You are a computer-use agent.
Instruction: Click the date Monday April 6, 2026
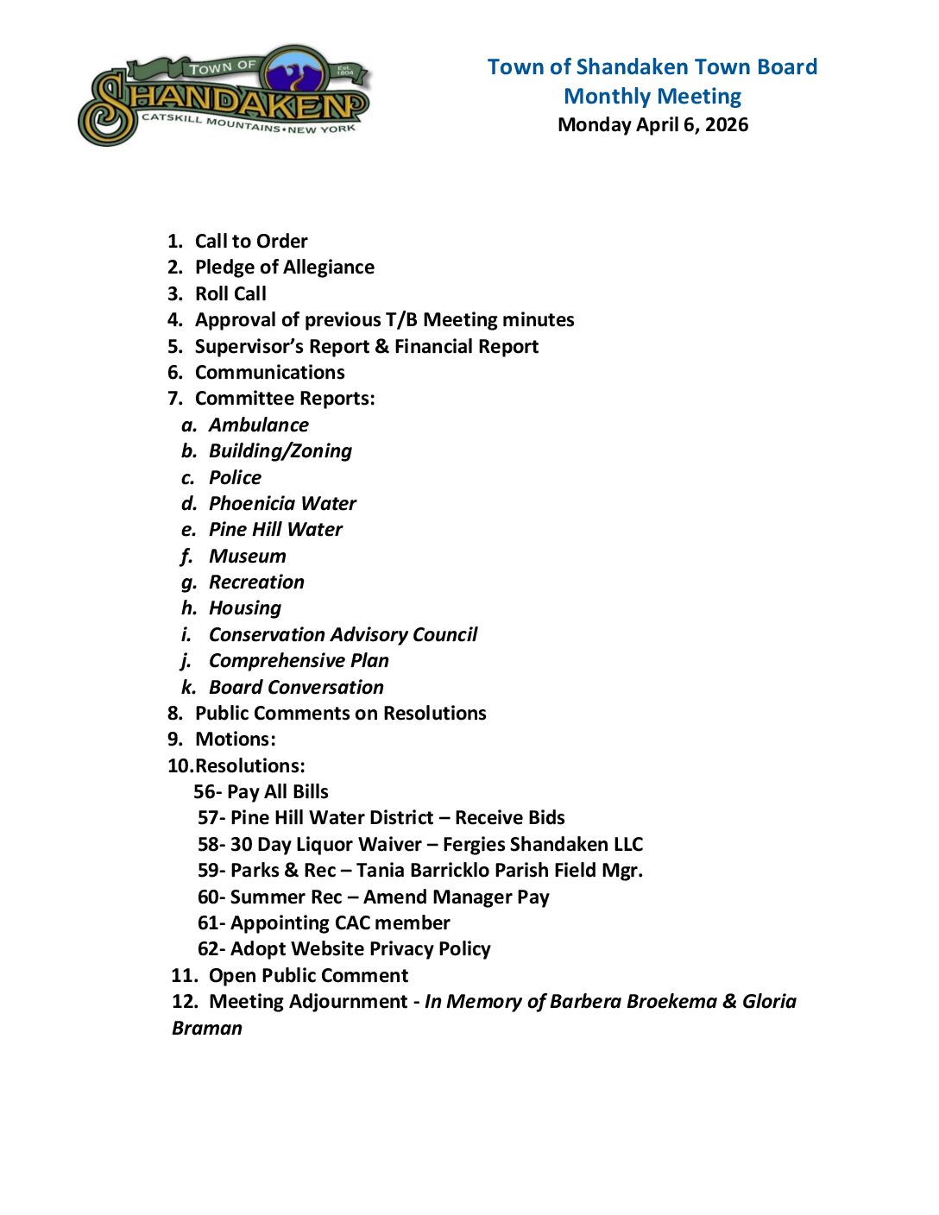click(652, 124)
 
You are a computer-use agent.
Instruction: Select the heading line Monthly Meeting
click(652, 96)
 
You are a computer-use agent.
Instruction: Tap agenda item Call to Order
click(251, 241)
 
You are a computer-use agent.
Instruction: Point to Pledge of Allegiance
click(285, 267)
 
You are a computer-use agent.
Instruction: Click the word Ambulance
click(258, 425)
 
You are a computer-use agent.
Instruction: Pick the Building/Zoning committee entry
click(280, 450)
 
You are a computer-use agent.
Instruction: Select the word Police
click(235, 477)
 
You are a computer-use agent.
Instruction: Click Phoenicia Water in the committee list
click(282, 503)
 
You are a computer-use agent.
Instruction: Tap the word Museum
click(247, 556)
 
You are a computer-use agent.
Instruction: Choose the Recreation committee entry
click(256, 582)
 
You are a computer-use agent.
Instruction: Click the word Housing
click(245, 607)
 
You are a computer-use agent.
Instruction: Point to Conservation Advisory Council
click(343, 634)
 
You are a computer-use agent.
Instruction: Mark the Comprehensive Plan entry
click(299, 660)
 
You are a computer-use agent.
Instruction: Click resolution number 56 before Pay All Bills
click(205, 791)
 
